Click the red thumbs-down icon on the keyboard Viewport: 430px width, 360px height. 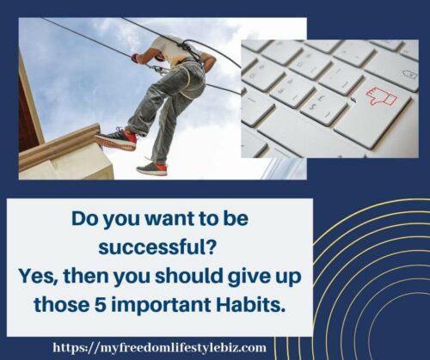(x=382, y=96)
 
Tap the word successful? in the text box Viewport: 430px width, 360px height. (x=157, y=247)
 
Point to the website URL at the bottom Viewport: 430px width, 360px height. (x=160, y=348)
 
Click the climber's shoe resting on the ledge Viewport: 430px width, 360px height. (x=116, y=139)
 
